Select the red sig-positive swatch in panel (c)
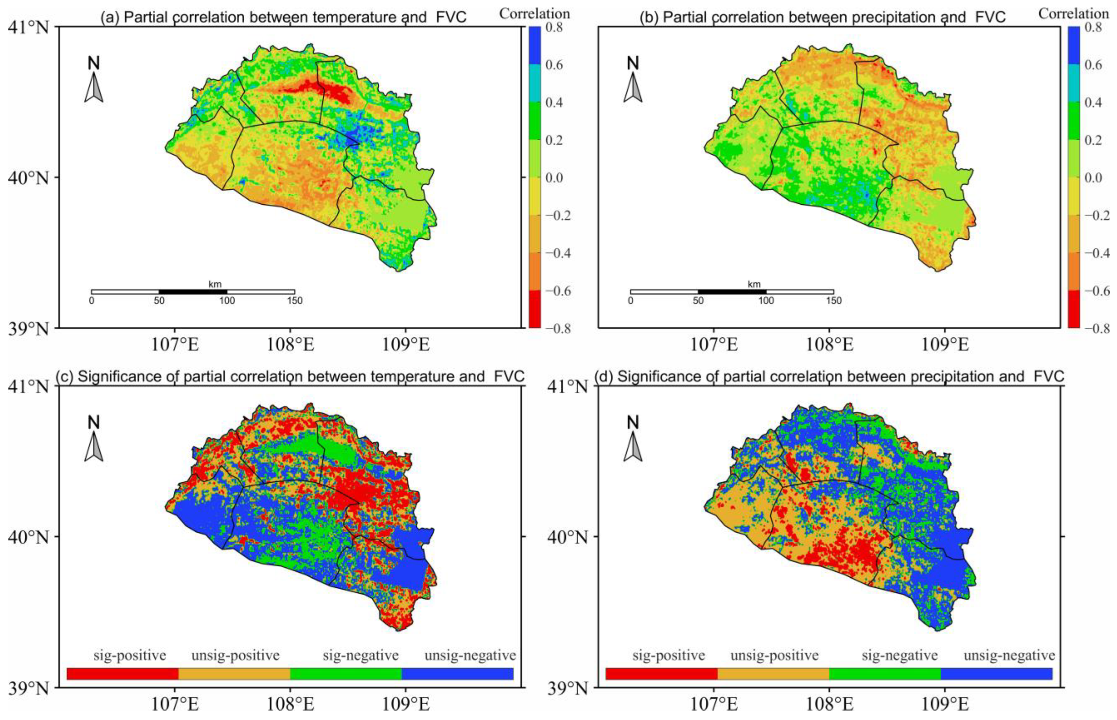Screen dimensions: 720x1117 [123, 673]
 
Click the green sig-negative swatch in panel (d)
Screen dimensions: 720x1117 [885, 673]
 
